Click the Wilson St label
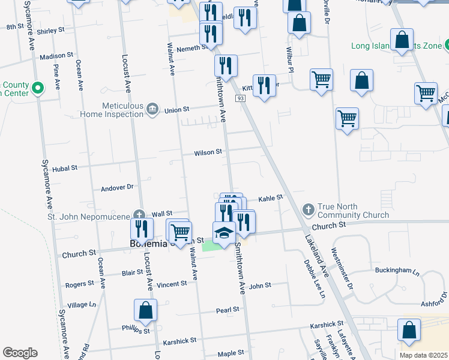pos(208,153)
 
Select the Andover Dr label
pos(116,187)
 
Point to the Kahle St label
pos(270,198)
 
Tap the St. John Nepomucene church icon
pos(139,214)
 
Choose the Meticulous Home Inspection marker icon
pos(152,109)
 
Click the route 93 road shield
pos(241,98)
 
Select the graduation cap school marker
pos(224,233)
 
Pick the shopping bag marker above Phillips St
pos(145,310)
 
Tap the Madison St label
pos(56,56)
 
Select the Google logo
pos(20,353)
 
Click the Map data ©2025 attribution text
pos(423,355)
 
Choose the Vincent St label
pos(171,284)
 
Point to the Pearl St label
pos(228,310)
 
